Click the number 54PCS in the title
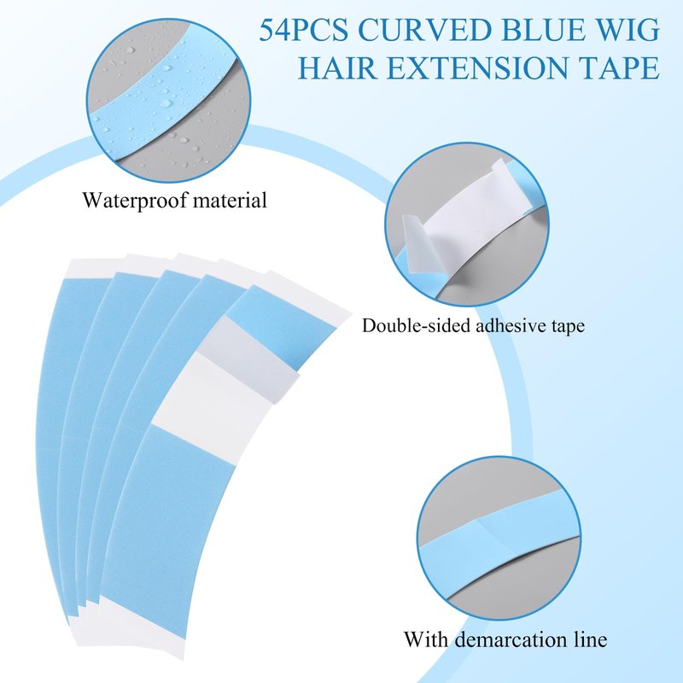coord(304,30)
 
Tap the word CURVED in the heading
coord(423,30)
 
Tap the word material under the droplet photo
coord(230,200)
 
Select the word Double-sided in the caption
coord(416,326)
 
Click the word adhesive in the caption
coord(511,325)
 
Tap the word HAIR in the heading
coord(337,67)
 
